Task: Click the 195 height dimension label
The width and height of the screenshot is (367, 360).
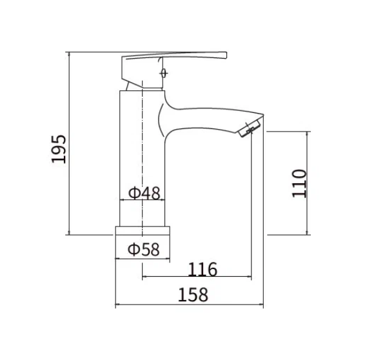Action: click(x=59, y=149)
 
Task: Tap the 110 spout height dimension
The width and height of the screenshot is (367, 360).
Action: click(x=299, y=183)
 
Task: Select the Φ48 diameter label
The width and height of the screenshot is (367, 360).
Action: click(x=144, y=193)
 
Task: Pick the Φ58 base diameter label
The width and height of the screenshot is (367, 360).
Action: click(x=144, y=249)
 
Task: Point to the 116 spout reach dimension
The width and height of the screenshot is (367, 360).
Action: click(x=203, y=270)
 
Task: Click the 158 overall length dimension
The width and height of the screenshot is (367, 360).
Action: click(x=193, y=295)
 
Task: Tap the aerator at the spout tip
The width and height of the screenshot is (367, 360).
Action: click(x=250, y=128)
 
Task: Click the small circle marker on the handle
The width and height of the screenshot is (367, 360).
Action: click(x=164, y=73)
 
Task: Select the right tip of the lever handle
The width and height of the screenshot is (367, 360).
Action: click(x=226, y=55)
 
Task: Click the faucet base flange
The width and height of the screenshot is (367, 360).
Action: click(x=143, y=230)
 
